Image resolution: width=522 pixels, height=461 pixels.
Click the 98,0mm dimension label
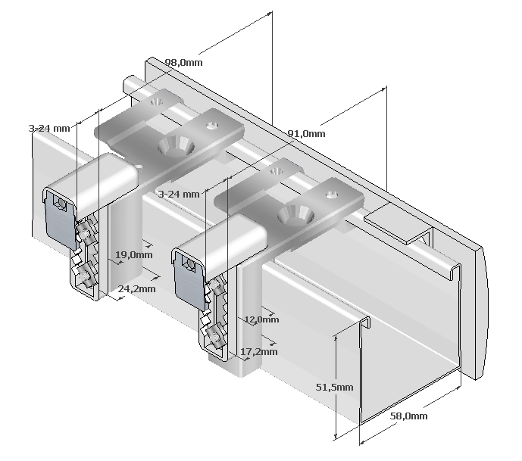coord(183,63)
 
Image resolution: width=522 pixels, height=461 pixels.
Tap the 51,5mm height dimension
coord(334,387)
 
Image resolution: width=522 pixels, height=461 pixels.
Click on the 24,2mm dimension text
coord(137,288)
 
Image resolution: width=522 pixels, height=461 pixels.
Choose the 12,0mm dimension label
coord(261,319)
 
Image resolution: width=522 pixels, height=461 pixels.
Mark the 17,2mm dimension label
coord(260,351)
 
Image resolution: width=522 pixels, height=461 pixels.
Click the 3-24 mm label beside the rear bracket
coord(48,129)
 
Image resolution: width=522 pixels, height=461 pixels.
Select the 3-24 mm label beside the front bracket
coord(178,194)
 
